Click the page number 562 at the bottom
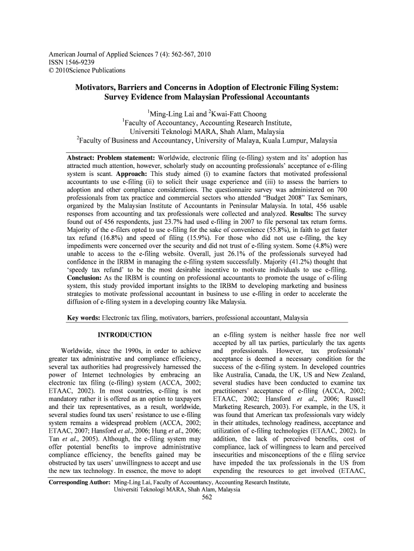[206, 497]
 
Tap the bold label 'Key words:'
[83, 318]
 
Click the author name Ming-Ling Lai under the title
[172, 114]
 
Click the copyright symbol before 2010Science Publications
[52, 70]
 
